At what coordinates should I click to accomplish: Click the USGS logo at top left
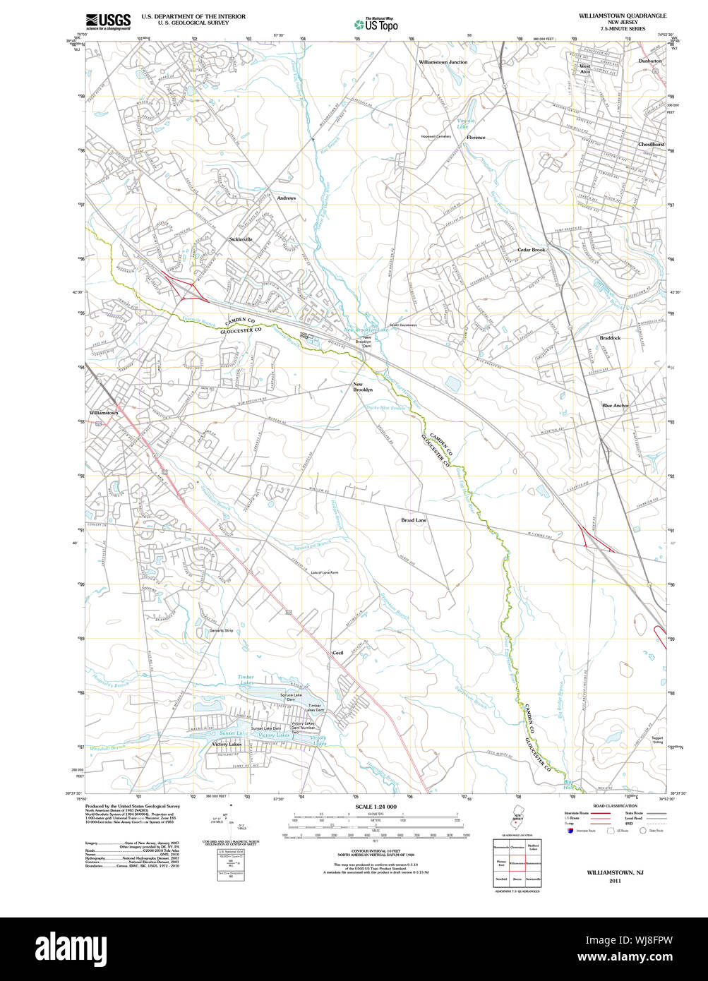[107, 21]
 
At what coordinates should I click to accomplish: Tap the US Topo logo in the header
[376, 23]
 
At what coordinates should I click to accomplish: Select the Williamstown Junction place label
[443, 62]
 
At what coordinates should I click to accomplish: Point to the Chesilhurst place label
[651, 144]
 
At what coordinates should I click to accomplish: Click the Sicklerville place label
[241, 239]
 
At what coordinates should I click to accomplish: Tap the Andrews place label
[286, 198]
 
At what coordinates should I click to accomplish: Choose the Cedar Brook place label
[531, 250]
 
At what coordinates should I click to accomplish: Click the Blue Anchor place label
[615, 406]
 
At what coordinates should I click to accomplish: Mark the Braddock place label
[610, 338]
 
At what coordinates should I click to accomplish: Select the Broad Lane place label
[414, 519]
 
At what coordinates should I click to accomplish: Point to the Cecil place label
[337, 653]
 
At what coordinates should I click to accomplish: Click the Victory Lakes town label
[227, 745]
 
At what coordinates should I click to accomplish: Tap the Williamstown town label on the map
[104, 413]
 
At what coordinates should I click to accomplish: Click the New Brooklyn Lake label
[366, 330]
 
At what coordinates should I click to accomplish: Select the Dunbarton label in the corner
[650, 61]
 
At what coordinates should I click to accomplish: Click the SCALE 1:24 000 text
[376, 807]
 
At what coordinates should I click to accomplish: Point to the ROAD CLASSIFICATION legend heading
[615, 805]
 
